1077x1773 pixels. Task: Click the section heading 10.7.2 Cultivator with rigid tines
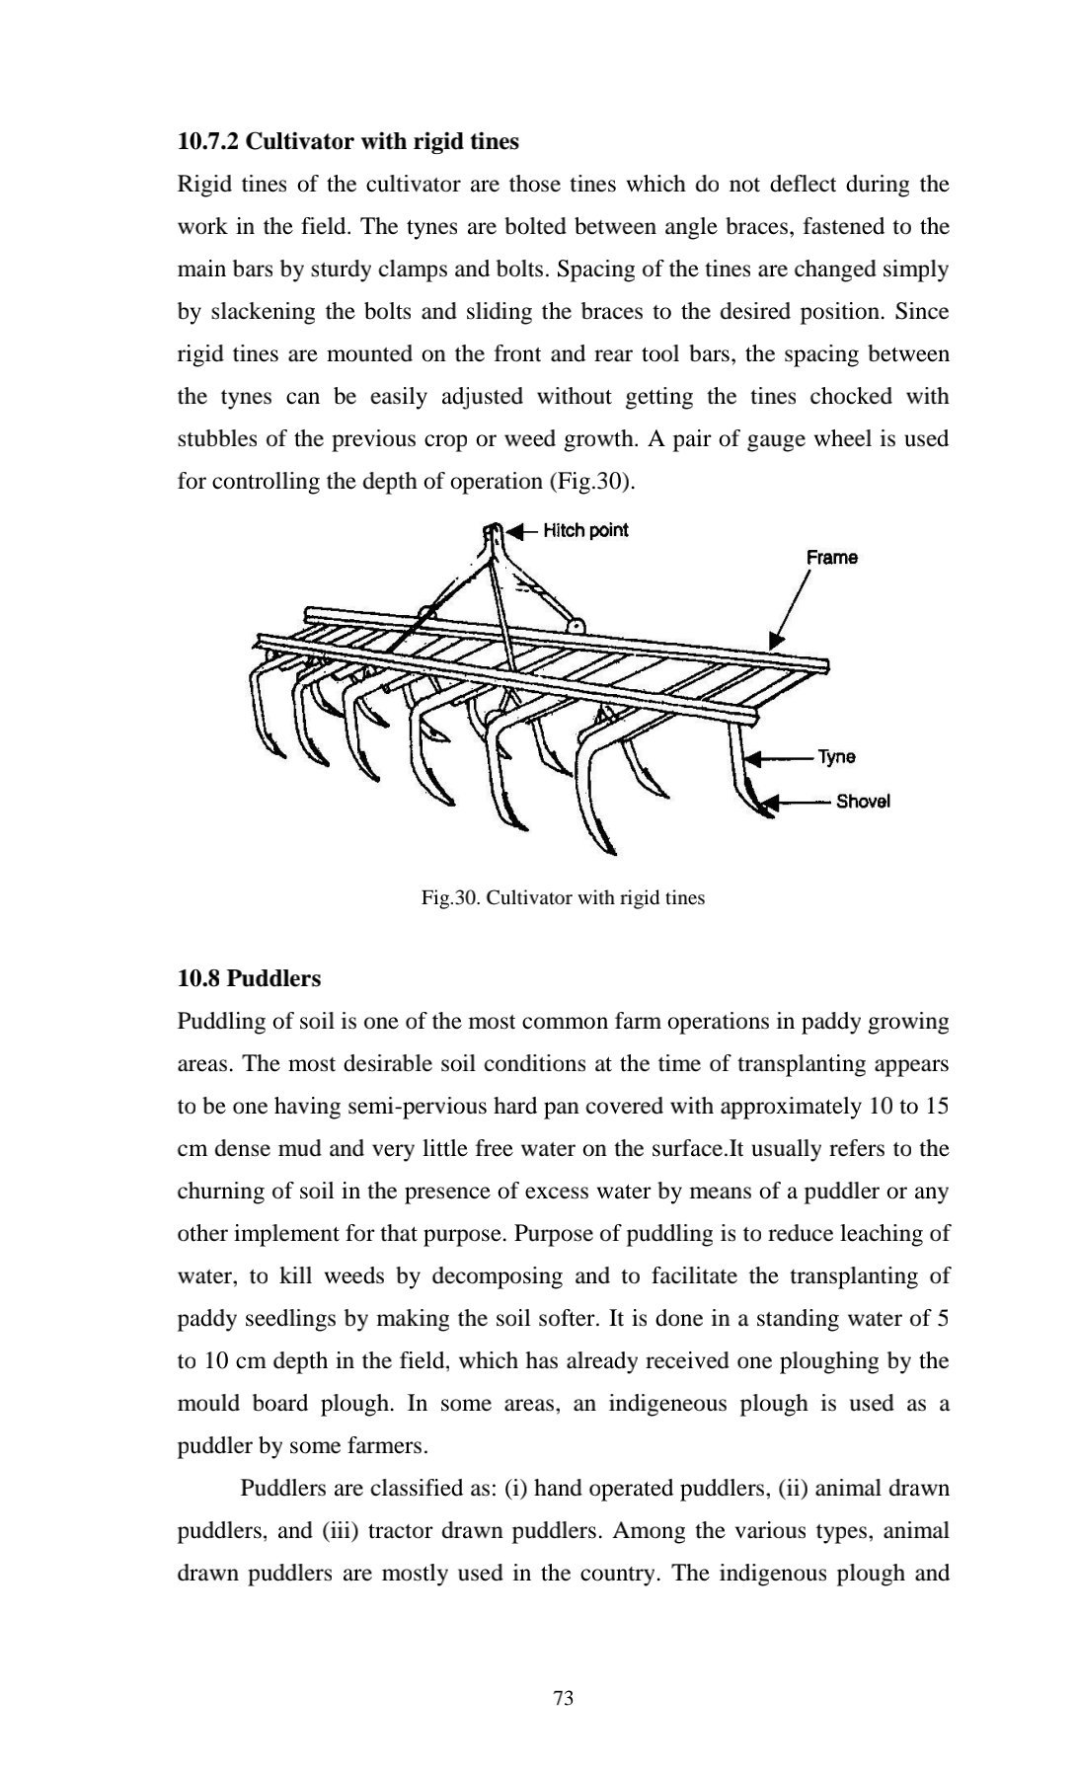tap(347, 142)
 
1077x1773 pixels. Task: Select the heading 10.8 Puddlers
tap(249, 978)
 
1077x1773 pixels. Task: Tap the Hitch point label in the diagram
tap(585, 531)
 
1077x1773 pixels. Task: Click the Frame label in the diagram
tap(831, 558)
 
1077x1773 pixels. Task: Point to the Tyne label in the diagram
tap(836, 757)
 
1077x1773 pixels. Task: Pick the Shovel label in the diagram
tap(863, 801)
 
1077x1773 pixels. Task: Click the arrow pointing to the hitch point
tap(521, 531)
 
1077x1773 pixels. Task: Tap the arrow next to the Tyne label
tap(779, 759)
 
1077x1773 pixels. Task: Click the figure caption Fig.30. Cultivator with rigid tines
tap(563, 898)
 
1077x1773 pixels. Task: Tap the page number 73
tap(564, 1698)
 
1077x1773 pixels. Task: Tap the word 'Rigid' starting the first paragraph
tap(202, 185)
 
